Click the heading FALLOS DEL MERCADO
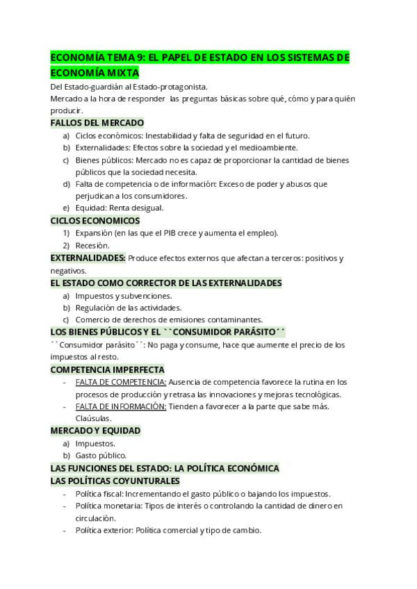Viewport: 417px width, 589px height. pyautogui.click(x=97, y=123)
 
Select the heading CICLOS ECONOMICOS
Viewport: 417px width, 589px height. pyautogui.click(x=95, y=220)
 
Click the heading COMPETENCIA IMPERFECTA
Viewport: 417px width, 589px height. pyautogui.click(x=108, y=370)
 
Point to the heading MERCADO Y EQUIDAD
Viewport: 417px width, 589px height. pyautogui.click(x=96, y=431)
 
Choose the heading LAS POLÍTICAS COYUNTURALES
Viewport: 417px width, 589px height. pyautogui.click(x=115, y=481)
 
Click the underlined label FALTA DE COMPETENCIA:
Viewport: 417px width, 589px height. pyautogui.click(x=121, y=382)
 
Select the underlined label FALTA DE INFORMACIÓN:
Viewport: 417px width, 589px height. pyautogui.click(x=121, y=406)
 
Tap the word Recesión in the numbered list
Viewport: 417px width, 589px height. pyautogui.click(x=92, y=245)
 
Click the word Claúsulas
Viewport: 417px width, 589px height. pyautogui.click(x=93, y=418)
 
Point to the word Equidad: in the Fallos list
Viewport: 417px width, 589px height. pyautogui.click(x=93, y=208)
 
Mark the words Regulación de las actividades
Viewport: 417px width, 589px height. pyautogui.click(x=129, y=308)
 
